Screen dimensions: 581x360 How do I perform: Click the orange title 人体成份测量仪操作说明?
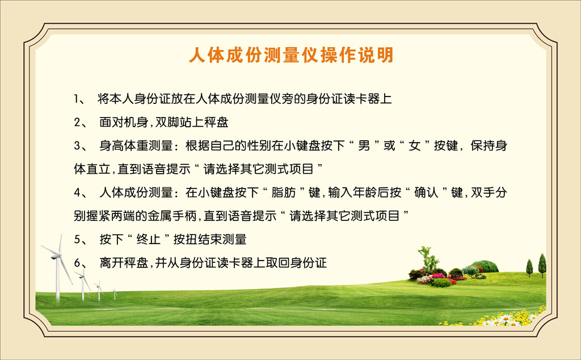[291, 56]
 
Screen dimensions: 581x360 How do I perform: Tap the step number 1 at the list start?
[76, 99]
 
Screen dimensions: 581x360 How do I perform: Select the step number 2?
[77, 122]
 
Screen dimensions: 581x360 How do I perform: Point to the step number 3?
[77, 146]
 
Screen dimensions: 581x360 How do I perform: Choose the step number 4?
[77, 192]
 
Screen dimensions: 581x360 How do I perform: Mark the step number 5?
[77, 240]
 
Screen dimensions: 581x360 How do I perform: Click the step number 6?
[77, 263]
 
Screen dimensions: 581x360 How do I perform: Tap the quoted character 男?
[364, 146]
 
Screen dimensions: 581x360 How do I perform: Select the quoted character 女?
[414, 146]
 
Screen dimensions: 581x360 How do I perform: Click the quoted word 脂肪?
[284, 192]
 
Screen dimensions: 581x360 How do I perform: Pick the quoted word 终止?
[149, 240]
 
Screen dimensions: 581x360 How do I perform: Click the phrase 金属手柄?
[172, 216]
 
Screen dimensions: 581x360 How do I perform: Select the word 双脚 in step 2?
[167, 122]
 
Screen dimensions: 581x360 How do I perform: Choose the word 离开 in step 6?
[112, 263]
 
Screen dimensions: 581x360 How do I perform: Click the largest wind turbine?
[58, 267]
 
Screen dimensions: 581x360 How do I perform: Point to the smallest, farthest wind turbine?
[115, 293]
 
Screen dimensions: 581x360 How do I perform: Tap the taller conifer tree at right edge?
[542, 266]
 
